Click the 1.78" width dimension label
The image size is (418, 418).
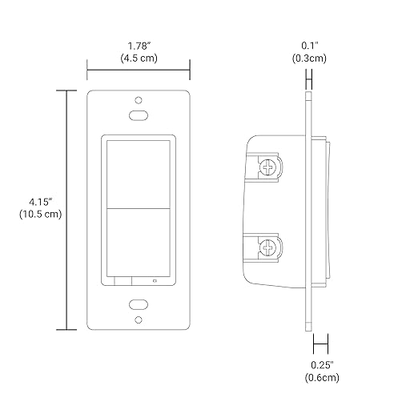tap(139, 46)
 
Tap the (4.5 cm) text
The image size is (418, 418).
tap(139, 58)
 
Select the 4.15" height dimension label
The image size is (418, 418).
tap(40, 202)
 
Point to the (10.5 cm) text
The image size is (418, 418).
tap(40, 214)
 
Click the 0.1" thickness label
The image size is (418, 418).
tap(310, 46)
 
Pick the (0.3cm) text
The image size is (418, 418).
tap(309, 58)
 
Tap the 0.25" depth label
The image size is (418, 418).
tap(322, 365)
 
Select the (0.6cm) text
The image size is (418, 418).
tap(322, 377)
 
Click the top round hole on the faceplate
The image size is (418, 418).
tap(139, 100)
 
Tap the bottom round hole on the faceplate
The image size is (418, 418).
tap(139, 320)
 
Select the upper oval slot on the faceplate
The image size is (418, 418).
tap(139, 115)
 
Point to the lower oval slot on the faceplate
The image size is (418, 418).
tap(139, 304)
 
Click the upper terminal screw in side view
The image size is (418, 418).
tap(268, 167)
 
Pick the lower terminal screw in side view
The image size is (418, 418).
tap(268, 247)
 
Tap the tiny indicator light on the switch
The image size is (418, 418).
tap(155, 280)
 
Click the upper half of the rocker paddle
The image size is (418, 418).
tap(139, 175)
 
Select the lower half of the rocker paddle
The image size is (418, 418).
tap(139, 243)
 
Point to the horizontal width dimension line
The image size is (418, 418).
tap(139, 70)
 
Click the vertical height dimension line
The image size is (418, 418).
tap(66, 210)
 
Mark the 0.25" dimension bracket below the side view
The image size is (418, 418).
tap(320, 344)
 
